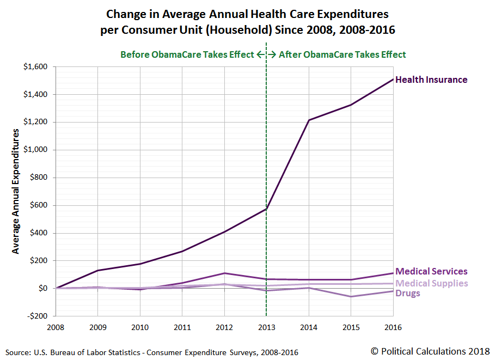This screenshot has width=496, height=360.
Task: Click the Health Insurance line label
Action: [x=431, y=80]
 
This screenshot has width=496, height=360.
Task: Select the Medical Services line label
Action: [x=431, y=271]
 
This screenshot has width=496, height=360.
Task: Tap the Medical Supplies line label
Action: [x=431, y=283]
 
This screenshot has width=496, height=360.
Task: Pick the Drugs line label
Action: [x=408, y=294]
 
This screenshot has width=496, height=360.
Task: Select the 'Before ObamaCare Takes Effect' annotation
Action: [x=187, y=54]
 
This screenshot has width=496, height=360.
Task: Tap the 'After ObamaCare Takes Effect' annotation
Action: [x=342, y=54]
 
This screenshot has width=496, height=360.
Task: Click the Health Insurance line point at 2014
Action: [x=309, y=120]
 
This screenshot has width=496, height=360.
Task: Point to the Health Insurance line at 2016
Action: [x=393, y=80]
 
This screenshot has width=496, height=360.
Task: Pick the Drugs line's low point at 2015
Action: [x=351, y=297]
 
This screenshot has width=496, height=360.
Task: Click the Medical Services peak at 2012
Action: [x=224, y=273]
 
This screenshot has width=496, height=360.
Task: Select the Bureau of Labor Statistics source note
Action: [x=152, y=352]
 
